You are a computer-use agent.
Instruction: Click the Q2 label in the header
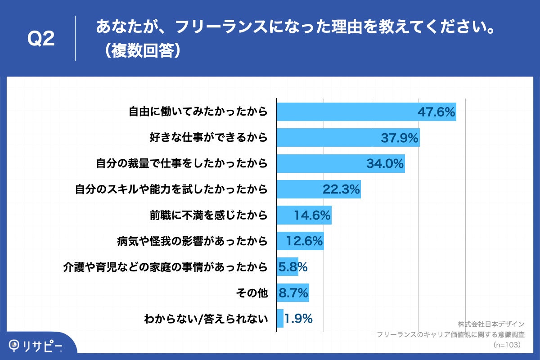(x=41, y=39)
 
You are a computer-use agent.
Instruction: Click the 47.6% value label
(x=436, y=112)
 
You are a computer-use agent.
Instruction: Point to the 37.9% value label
(x=400, y=138)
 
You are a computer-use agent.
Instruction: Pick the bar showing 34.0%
(x=340, y=163)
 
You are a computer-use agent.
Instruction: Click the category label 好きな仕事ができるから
(x=208, y=138)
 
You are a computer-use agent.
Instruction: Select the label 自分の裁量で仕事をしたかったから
(x=182, y=163)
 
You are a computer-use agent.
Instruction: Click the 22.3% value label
(x=341, y=189)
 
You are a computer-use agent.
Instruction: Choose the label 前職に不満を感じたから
(x=208, y=216)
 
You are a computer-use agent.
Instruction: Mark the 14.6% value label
(x=312, y=216)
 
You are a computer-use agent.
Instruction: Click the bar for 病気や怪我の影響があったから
(x=300, y=241)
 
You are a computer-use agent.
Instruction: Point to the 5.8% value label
(x=293, y=267)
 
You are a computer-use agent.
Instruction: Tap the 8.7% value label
(x=293, y=293)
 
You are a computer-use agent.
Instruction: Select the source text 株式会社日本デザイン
(x=491, y=324)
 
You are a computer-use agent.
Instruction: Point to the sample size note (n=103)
(x=507, y=345)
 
